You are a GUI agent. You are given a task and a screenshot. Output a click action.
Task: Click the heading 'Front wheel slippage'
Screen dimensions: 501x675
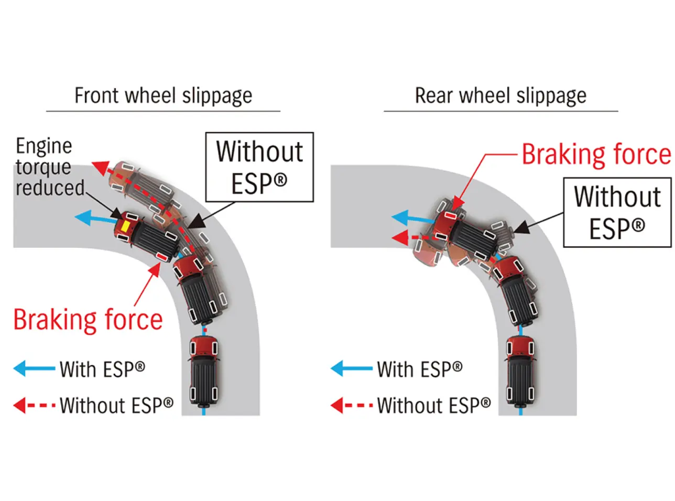(163, 96)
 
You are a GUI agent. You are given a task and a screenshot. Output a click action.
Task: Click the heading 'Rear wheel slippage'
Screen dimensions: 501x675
(500, 96)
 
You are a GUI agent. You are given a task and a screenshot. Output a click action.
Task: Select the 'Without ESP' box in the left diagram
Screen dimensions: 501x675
(259, 167)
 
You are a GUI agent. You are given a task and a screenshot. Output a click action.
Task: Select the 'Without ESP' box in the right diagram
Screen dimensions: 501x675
(617, 212)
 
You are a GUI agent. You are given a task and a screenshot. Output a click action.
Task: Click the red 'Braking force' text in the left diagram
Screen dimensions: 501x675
(88, 320)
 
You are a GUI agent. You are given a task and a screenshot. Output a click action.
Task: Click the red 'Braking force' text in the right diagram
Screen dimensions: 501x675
(596, 155)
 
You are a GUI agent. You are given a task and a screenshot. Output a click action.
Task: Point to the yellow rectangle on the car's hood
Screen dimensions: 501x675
(126, 226)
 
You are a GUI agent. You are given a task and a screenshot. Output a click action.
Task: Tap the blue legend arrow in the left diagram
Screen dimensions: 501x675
(34, 368)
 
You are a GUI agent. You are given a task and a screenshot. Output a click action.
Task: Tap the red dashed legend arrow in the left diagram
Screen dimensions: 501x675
(34, 405)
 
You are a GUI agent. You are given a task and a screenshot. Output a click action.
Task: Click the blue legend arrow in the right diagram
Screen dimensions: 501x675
(351, 368)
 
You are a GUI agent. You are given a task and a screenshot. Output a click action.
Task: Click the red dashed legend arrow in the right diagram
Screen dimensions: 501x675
(351, 405)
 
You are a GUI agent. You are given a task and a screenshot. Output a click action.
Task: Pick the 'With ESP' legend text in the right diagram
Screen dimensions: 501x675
(420, 369)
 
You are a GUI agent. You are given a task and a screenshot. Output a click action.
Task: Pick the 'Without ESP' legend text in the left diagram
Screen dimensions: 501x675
(116, 405)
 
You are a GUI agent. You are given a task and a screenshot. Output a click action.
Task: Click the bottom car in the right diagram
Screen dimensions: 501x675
(521, 371)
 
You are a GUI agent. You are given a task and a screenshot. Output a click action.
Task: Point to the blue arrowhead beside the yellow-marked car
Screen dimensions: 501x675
(82, 217)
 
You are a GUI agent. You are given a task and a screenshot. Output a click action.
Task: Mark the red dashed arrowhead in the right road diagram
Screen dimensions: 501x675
(399, 238)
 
